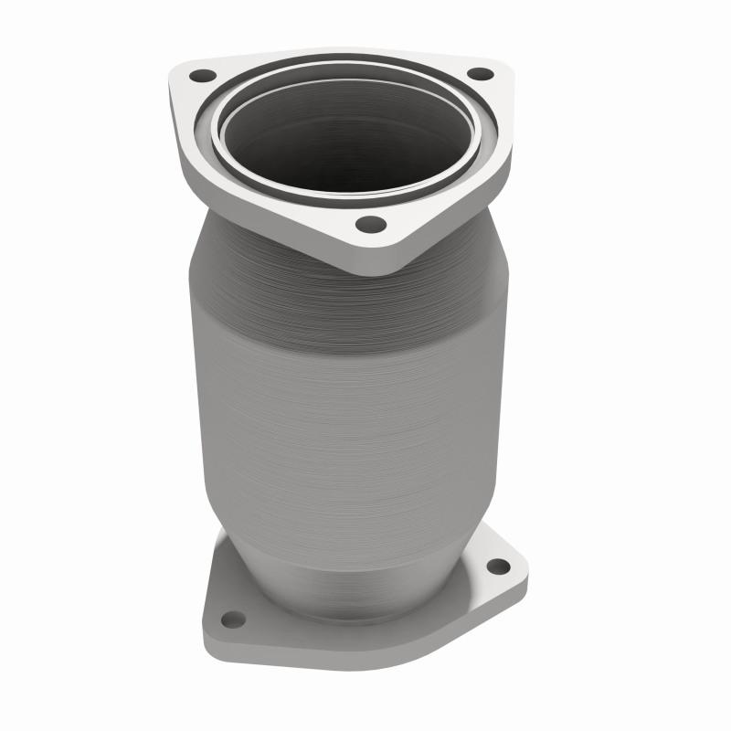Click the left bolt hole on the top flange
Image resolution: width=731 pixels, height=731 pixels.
pos(202,76)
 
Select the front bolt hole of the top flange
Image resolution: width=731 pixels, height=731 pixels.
pos(369,224)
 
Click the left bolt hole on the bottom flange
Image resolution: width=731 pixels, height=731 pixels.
pos(233,620)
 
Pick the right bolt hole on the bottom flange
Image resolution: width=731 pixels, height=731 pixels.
pos(498,567)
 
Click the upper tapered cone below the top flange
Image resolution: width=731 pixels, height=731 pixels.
pos(274,265)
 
